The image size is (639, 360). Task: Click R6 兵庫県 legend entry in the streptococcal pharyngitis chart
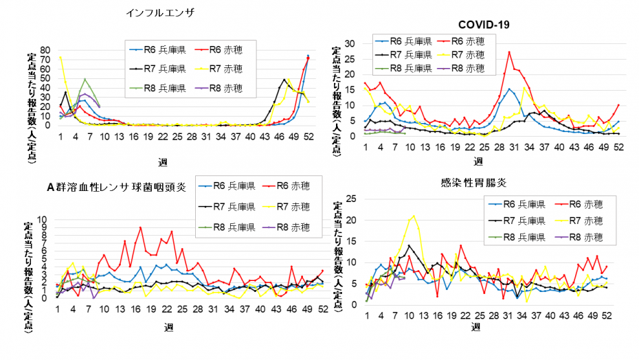(x=226, y=185)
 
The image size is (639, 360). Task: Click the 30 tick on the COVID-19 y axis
(x=350, y=43)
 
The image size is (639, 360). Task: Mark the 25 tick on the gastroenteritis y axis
(x=350, y=200)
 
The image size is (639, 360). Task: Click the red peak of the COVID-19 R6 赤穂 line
(x=509, y=52)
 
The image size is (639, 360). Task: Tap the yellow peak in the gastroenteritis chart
(x=413, y=216)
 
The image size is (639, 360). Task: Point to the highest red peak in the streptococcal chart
(x=140, y=227)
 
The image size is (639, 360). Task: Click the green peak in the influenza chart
(x=85, y=79)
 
